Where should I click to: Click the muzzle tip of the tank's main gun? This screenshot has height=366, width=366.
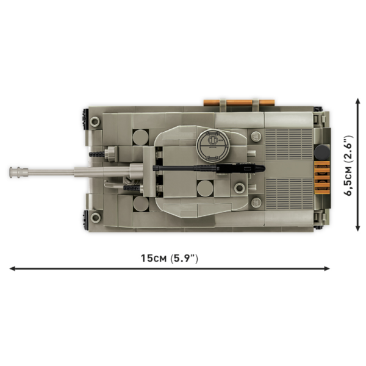click(10, 172)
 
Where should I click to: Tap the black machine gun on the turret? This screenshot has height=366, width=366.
click(209, 168)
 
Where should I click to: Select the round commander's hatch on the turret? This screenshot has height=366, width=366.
click(213, 145)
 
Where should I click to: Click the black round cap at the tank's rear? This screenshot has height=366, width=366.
click(321, 152)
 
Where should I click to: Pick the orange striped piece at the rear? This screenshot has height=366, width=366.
click(322, 178)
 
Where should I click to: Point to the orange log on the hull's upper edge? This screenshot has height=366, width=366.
click(239, 102)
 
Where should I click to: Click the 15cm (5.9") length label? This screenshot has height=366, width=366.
click(170, 259)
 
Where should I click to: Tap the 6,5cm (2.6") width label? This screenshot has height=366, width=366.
click(349, 165)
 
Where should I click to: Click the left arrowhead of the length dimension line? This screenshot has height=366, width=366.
click(12, 268)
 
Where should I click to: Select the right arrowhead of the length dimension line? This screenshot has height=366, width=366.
click(327, 268)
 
